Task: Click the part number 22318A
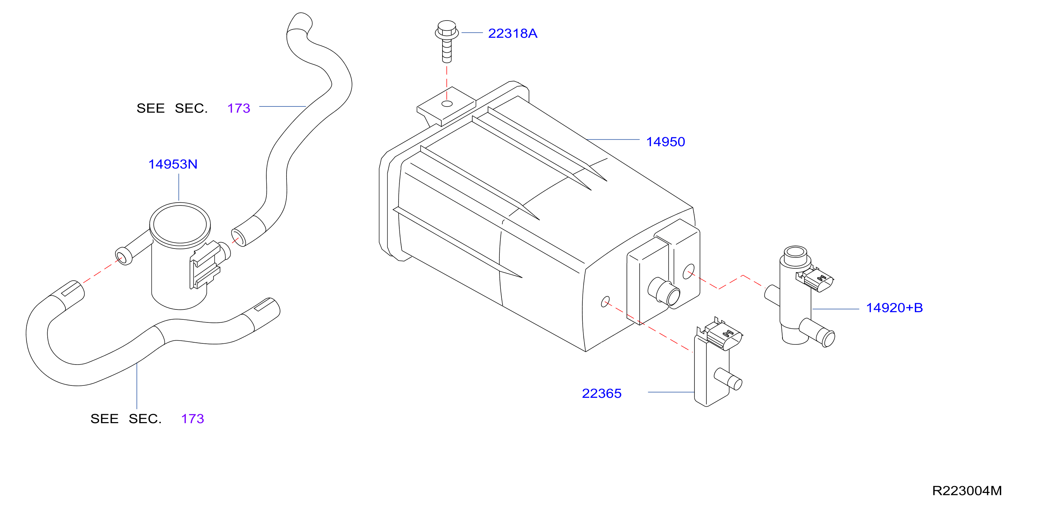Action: [512, 33]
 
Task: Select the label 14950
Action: [665, 142]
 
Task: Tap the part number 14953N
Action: [173, 164]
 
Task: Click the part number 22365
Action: [602, 393]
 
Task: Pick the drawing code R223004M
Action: [967, 491]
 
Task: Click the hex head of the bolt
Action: [447, 29]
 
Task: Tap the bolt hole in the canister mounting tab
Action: [447, 104]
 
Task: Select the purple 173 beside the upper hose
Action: [239, 108]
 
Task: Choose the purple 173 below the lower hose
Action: [193, 419]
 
